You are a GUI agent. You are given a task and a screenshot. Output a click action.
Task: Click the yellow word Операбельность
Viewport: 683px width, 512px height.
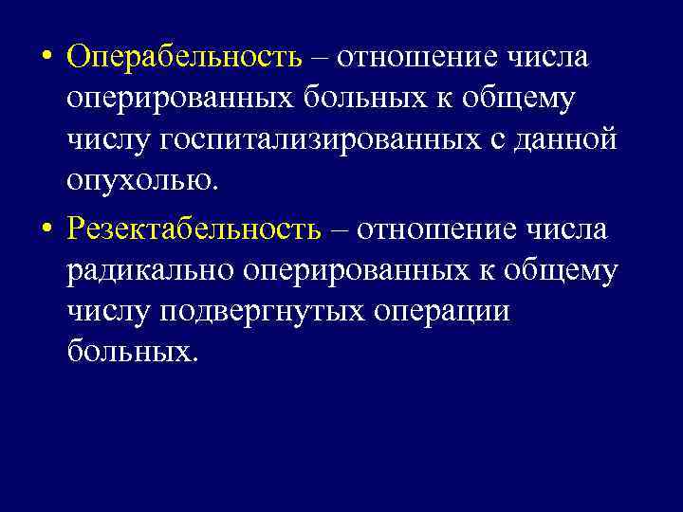(185, 58)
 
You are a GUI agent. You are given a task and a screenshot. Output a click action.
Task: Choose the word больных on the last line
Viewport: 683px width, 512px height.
(133, 353)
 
